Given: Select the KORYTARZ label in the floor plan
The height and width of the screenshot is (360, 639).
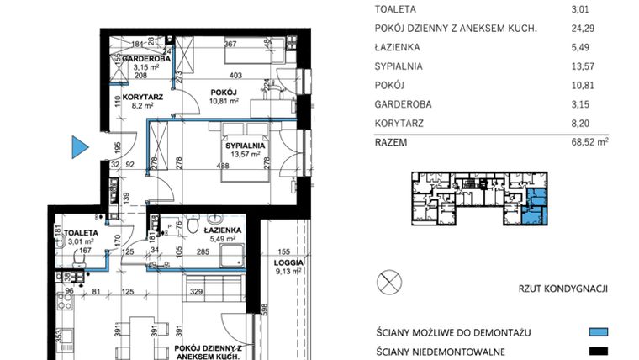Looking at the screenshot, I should click(142, 97).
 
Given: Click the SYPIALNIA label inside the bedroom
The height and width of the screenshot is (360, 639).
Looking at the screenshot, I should click(245, 145).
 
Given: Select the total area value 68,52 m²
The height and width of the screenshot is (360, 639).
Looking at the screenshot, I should click(587, 143).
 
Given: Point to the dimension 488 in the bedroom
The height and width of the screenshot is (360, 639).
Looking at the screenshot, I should click(224, 166).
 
